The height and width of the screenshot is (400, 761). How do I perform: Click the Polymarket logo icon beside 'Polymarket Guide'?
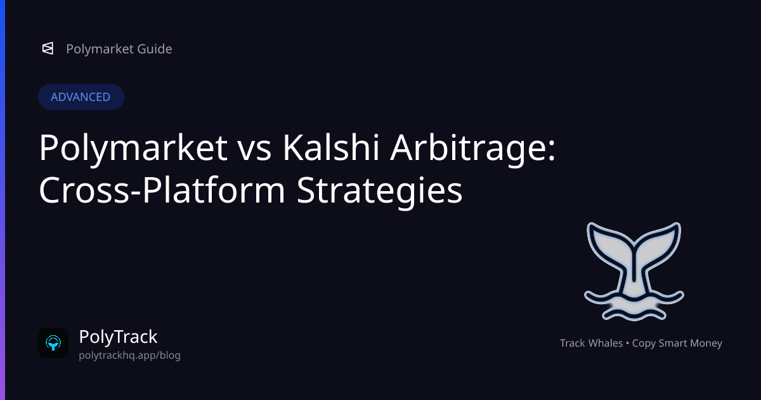[x=48, y=49]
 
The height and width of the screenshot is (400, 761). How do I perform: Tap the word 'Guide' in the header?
[x=155, y=49]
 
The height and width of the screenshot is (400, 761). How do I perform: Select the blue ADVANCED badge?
[x=81, y=97]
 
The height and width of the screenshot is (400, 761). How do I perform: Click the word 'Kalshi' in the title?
[x=330, y=147]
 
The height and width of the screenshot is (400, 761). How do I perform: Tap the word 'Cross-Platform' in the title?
[x=162, y=190]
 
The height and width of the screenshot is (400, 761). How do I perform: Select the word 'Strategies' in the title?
[x=379, y=192]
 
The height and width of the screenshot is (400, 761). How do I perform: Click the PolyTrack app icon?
[x=53, y=343]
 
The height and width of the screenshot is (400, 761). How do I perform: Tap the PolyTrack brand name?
[x=118, y=337]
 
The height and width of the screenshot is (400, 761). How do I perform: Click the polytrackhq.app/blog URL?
[x=129, y=355]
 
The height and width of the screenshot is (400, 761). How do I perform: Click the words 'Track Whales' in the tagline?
[x=591, y=343]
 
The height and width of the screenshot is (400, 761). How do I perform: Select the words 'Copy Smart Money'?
[x=677, y=343]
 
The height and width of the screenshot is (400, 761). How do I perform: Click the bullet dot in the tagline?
[x=627, y=343]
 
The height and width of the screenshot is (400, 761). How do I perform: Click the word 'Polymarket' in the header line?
[x=100, y=49]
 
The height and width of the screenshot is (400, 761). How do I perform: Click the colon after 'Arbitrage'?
[x=552, y=151]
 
